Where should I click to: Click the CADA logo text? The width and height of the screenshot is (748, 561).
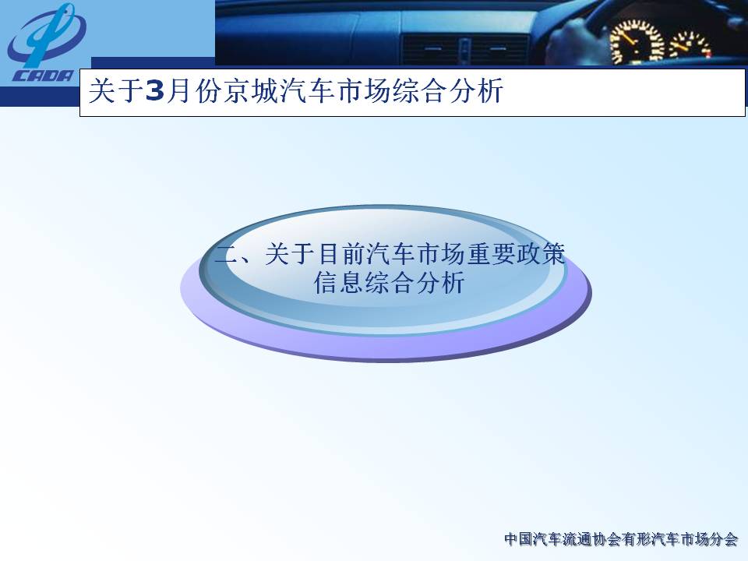pos(44,76)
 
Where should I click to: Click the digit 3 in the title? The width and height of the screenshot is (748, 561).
pos(154,90)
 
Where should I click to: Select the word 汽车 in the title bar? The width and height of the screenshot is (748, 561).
pos(306,90)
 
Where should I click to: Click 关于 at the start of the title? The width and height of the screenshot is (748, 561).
pos(117,90)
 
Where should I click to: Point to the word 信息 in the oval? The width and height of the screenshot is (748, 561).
pos(339,282)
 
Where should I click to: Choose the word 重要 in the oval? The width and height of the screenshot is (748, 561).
pos(490,253)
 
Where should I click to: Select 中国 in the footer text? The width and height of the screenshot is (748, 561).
pos(519,539)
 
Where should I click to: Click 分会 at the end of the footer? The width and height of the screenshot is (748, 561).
pos(724,539)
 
